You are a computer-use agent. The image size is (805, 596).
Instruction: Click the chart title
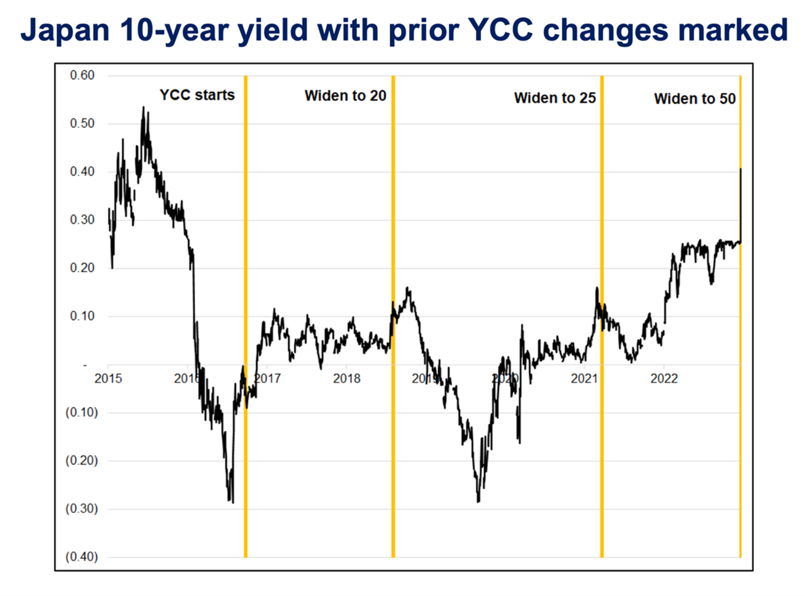point(404,30)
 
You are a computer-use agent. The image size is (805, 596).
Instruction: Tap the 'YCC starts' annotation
point(197,95)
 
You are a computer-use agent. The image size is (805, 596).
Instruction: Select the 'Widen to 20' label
point(345,96)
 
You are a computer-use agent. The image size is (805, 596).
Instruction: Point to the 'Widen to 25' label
point(554,98)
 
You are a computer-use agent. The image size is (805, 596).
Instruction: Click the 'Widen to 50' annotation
point(695,99)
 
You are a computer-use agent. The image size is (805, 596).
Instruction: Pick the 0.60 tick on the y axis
point(82,75)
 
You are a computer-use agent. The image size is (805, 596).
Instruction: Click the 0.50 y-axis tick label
point(82,124)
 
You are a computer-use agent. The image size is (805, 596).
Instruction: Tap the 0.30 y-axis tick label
point(82,220)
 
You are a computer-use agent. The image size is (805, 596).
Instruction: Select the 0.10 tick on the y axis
point(82,316)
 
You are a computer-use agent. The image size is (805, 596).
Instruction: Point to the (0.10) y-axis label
point(82,413)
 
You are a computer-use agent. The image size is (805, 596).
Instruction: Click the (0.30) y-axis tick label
point(82,509)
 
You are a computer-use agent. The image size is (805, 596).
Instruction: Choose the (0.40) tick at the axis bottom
point(82,557)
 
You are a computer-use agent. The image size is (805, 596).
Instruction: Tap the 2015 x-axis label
point(108,378)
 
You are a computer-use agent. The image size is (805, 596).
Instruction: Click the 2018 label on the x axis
point(346,378)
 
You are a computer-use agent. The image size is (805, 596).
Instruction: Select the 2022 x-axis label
point(664,378)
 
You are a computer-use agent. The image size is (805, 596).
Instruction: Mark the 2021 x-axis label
point(584,378)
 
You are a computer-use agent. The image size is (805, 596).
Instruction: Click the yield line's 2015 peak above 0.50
point(143,107)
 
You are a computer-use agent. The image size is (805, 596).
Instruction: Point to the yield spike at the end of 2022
point(740,169)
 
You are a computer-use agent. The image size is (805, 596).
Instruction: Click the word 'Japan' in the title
point(62,30)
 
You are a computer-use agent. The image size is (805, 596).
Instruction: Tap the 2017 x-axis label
point(267,378)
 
